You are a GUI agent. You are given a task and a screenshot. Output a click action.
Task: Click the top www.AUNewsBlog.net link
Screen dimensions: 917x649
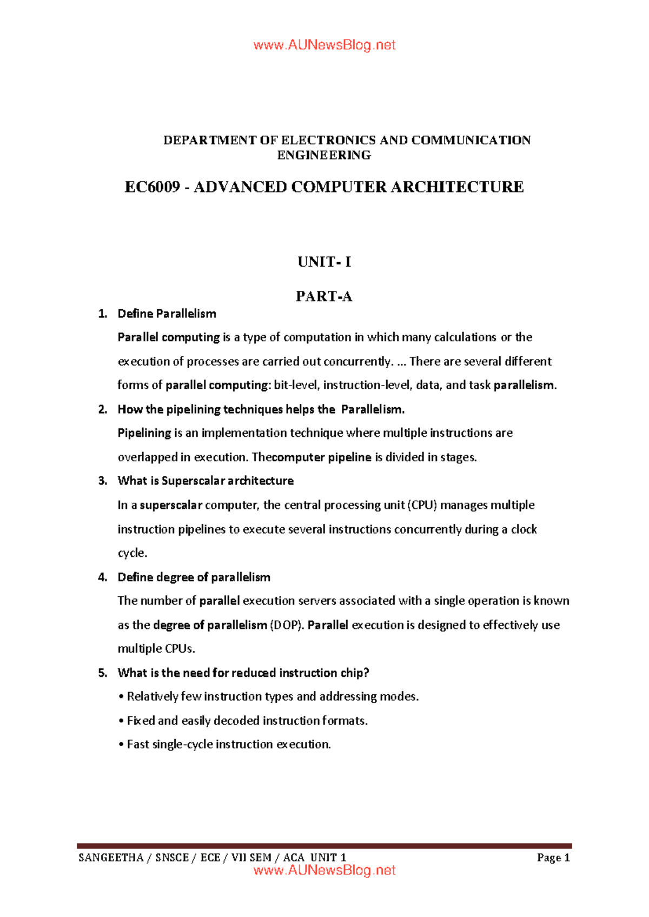coord(324,45)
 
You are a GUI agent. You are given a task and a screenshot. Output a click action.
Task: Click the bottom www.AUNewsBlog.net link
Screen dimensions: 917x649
coord(324,870)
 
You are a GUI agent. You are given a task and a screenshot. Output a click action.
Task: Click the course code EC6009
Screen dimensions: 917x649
coord(152,187)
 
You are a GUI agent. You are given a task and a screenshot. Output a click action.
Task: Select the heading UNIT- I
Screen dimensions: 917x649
coord(324,262)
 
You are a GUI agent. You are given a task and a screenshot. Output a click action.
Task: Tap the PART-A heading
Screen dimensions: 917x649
coord(324,296)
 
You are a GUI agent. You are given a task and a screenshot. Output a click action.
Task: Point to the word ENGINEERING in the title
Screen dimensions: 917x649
coord(324,156)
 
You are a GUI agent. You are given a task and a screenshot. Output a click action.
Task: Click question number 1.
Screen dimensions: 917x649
coord(103,314)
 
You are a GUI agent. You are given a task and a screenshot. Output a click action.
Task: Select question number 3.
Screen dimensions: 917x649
coord(103,481)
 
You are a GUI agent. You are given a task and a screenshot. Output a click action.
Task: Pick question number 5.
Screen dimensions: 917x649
coord(103,673)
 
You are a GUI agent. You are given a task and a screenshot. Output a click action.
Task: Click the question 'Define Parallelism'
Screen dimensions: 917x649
coord(167,314)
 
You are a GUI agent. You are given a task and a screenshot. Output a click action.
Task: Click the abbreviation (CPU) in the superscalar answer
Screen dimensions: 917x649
coord(422,505)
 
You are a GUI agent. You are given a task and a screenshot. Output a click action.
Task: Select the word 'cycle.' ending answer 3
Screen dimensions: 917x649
coord(133,553)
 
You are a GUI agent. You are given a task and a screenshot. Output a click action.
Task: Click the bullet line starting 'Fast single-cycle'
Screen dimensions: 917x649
coord(224,745)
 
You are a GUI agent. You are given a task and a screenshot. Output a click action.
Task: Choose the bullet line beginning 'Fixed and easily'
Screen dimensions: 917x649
coord(243,721)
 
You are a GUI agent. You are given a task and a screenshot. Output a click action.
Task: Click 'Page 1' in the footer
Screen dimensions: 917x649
coord(553,858)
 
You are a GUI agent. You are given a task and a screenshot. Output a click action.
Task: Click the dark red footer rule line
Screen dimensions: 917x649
coord(324,846)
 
